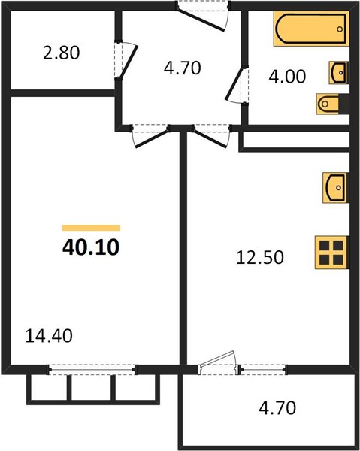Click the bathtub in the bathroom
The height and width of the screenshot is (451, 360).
311,29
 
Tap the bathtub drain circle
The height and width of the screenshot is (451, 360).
340,29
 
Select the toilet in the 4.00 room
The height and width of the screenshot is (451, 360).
333,104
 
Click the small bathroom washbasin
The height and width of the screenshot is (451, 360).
339,73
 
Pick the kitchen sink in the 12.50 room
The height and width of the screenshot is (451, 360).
335,187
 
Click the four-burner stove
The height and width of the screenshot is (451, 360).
332,253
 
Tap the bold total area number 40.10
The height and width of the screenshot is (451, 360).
91,247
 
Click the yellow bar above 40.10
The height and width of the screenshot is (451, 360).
91,228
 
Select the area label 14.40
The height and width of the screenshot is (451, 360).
49,336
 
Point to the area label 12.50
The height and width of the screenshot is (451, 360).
260,257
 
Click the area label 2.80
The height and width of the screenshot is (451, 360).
61,53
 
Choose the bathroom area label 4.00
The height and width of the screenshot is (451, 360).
287,77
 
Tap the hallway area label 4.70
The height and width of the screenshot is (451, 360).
183,68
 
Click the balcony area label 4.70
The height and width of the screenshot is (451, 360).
277,408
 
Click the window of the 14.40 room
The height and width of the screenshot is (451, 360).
92,370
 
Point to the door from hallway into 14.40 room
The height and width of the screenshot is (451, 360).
150,139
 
